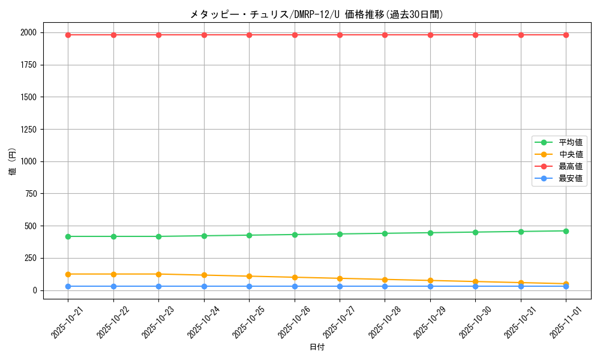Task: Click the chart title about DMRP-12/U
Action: coord(317,14)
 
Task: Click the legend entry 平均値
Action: coord(570,142)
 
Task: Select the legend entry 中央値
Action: coord(570,154)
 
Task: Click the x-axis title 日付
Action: coord(317,347)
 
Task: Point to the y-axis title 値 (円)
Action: coord(13,161)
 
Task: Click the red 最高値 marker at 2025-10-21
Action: coord(68,35)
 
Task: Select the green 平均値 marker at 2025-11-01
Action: coord(566,231)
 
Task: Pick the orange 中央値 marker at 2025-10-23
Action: coord(158,274)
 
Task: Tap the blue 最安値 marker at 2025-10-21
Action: coord(68,286)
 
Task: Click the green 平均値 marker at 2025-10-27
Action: coord(340,234)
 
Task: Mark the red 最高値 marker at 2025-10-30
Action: coord(475,35)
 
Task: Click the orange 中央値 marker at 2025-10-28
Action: coord(385,280)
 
